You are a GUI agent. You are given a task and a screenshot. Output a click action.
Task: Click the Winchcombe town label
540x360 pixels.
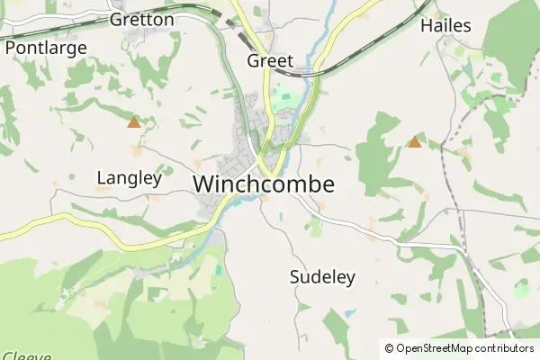[x=264, y=184]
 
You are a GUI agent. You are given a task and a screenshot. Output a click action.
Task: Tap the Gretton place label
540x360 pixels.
[x=141, y=19]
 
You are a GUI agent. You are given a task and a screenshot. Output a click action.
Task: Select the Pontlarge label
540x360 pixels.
[x=46, y=48]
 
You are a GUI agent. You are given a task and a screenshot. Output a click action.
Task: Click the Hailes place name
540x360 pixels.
[x=445, y=26]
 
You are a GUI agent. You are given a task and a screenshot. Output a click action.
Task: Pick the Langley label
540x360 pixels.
[x=129, y=178]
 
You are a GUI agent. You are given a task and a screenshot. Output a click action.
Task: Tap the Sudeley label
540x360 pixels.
[x=323, y=277]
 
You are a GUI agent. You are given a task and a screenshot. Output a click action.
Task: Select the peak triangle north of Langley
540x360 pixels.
[x=134, y=121]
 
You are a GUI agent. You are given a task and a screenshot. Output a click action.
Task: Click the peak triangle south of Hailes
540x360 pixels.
[x=415, y=141]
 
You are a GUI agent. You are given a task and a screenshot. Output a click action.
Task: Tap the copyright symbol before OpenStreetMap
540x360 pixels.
[x=389, y=348]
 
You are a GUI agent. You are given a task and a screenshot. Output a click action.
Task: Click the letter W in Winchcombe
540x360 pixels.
[x=203, y=184]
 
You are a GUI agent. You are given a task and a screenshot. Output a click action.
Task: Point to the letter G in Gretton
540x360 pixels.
[x=116, y=19]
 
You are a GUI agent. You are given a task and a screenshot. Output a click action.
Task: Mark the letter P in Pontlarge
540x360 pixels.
[x=11, y=48]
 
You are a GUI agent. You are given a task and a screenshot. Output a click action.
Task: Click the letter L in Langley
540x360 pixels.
[x=101, y=178]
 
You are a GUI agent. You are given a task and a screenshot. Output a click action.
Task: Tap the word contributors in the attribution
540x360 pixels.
[x=505, y=348]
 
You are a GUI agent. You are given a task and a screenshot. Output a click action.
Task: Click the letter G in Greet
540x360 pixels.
[x=253, y=61]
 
